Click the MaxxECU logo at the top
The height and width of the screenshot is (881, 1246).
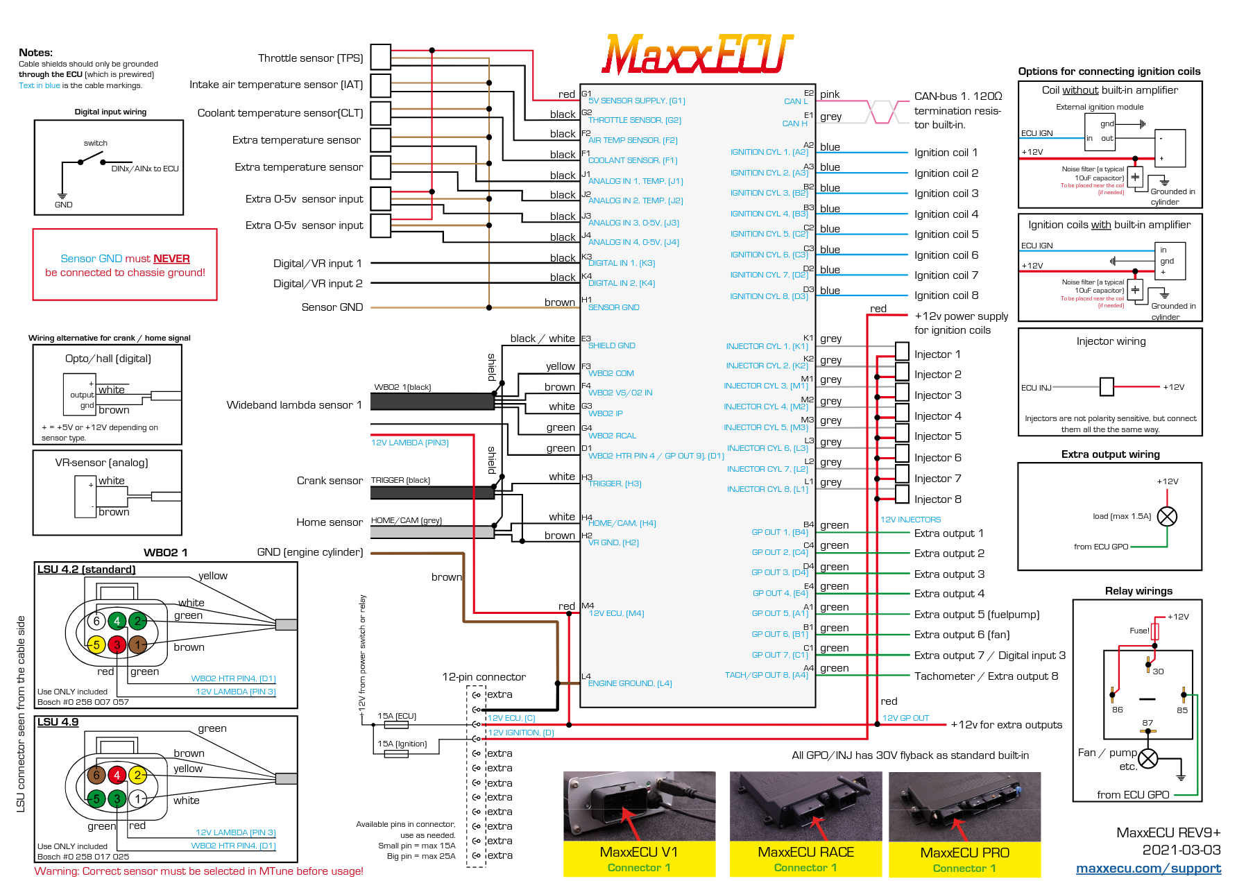pos(697,54)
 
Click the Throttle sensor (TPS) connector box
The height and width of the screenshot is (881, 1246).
pos(380,57)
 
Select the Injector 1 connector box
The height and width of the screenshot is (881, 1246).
pos(902,351)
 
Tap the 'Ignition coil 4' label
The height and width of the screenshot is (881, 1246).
pos(946,214)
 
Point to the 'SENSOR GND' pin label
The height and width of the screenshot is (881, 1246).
pos(613,307)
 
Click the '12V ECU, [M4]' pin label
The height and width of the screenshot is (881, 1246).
pos(616,613)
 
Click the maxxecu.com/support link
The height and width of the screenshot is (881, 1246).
pos(1148,868)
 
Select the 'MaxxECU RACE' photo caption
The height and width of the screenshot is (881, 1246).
pos(805,852)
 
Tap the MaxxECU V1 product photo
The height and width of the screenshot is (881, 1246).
pos(639,805)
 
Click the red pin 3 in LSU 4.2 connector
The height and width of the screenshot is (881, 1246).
pos(117,645)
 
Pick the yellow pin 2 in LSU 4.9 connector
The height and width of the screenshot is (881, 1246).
pos(137,775)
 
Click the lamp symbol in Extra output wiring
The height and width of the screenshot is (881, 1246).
pos(1167,516)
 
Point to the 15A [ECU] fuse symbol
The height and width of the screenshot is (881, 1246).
pos(396,725)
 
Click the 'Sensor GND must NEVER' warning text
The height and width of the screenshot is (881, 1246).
pos(125,259)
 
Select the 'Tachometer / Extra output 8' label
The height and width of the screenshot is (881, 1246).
pos(986,676)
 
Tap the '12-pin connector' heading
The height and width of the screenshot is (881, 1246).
pos(484,677)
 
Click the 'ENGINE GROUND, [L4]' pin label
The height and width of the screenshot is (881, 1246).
pos(629,683)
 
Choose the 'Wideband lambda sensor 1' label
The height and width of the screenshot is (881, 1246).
pos(293,405)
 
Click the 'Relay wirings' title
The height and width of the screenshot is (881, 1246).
pos(1138,591)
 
